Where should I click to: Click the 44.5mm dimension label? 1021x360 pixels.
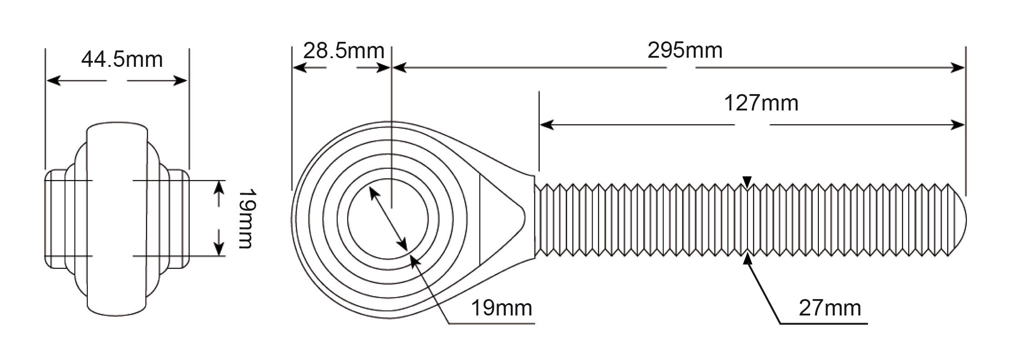click(122, 60)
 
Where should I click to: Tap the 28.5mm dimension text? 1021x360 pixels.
click(344, 50)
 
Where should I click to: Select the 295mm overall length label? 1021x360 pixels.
click(685, 50)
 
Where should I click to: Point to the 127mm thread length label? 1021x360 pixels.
click(761, 103)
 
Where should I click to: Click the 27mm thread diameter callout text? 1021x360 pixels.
click(830, 308)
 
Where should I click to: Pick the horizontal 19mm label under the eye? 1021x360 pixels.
click(501, 308)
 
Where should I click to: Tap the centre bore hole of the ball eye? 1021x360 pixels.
click(388, 219)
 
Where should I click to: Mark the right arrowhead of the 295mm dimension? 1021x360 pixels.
click(957, 68)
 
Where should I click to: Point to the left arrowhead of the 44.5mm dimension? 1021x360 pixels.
click(54, 81)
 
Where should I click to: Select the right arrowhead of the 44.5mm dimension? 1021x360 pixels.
click(180, 81)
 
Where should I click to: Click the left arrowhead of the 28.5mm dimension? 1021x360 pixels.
click(300, 68)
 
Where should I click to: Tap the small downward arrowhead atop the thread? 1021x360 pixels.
click(747, 182)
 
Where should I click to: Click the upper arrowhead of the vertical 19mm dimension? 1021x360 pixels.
click(219, 188)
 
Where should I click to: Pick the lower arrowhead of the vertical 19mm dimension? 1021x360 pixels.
click(219, 248)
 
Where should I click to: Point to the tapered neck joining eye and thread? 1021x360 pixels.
click(507, 218)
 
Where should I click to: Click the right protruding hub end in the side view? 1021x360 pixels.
click(179, 219)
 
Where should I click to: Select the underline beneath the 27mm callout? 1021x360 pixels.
click(824, 324)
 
